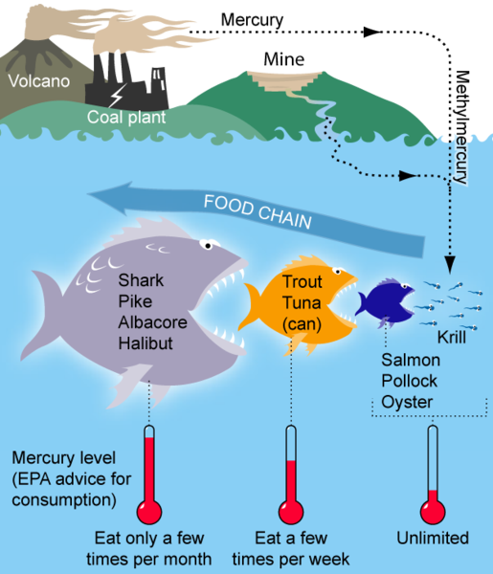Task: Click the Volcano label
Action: point(39,81)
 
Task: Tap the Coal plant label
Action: point(126,117)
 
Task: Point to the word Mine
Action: point(284,59)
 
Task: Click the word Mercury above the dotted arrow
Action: point(252,20)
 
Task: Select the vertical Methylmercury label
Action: point(461,127)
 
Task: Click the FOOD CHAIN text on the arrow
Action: point(258,211)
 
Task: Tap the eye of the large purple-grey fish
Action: point(208,245)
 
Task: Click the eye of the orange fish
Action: point(337,272)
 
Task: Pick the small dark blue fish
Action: point(385,303)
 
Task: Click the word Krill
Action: point(452,337)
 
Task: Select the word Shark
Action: point(141,280)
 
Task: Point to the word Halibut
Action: point(146,343)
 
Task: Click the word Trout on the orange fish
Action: point(303,281)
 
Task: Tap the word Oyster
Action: point(407,402)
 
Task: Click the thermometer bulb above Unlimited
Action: point(433,512)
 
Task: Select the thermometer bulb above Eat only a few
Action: point(149,512)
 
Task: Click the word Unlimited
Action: point(433,538)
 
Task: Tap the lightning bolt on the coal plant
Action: point(118,96)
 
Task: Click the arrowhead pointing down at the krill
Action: point(450,264)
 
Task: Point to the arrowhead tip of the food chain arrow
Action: point(87,194)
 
